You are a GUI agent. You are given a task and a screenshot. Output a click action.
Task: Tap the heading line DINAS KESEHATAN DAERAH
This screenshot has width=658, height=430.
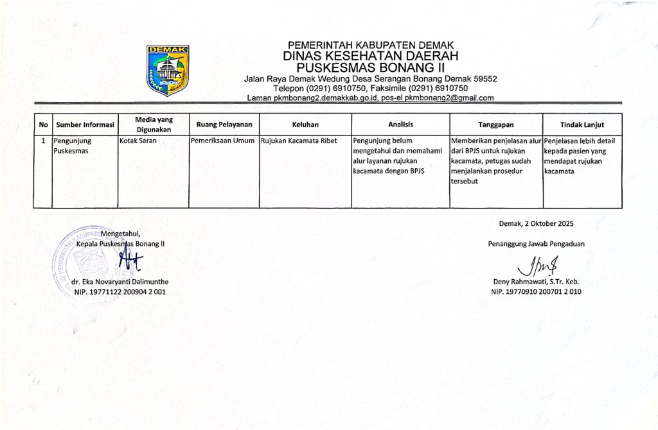[x=371, y=56]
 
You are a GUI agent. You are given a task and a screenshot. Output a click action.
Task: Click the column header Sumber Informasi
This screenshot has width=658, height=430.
[x=85, y=125]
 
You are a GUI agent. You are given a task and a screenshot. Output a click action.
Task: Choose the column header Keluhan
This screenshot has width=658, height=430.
[x=305, y=125]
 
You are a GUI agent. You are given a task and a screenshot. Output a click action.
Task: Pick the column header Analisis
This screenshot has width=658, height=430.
[x=400, y=125]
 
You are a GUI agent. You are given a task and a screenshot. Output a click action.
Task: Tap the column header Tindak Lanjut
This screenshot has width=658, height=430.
[x=582, y=125]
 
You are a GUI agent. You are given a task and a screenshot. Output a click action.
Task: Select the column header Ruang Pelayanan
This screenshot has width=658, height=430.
[x=224, y=125]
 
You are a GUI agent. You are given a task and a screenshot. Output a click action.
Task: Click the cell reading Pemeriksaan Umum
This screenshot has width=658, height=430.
[x=223, y=139]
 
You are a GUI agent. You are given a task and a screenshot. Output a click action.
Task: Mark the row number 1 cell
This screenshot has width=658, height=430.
[x=43, y=139]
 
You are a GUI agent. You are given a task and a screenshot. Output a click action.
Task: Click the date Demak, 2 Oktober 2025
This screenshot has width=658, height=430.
[x=536, y=224]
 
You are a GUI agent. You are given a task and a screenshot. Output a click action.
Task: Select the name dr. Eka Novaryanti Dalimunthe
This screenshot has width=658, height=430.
[x=121, y=282]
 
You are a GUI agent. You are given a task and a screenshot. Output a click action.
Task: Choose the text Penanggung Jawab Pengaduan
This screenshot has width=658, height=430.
[x=536, y=243]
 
